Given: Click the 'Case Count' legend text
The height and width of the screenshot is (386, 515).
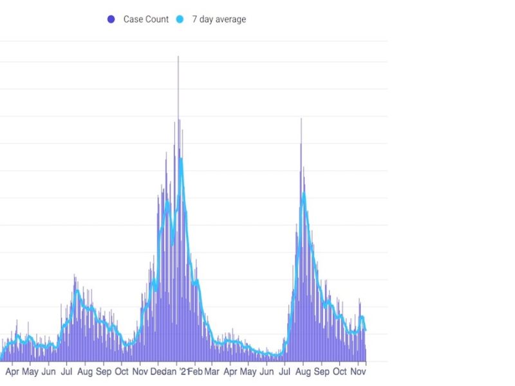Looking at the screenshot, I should pos(146,19).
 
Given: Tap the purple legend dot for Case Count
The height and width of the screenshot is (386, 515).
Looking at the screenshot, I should pos(111,19).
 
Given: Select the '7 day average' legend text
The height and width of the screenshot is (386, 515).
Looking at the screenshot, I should pos(219,19).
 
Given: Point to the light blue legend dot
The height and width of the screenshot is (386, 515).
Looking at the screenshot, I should pos(180,19).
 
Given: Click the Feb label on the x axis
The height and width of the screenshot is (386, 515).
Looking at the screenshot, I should pos(195,372).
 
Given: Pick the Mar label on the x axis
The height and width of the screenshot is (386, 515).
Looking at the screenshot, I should pos(212,372).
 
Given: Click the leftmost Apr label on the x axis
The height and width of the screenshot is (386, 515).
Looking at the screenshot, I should pos(12,372).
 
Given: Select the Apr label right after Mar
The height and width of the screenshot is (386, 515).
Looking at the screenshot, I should pos(230,372).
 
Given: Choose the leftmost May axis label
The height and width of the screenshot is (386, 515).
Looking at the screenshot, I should pos(30,372).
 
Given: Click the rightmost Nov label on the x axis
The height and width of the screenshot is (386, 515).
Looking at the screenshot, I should pos(358,372).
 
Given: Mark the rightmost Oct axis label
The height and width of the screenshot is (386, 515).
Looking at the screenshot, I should pos(340,372).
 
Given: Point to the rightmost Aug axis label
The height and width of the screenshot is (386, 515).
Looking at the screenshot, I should pos(303,372).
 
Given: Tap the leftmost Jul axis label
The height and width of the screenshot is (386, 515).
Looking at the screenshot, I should pos(66,372).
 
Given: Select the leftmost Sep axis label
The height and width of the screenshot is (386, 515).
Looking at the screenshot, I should pos(104,372).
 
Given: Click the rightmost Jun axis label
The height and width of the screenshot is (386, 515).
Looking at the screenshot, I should pos(267,372).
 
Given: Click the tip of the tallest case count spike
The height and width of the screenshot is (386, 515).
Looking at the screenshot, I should pos(178,57).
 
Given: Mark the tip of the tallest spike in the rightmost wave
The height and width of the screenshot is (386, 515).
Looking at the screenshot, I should pos(301,118).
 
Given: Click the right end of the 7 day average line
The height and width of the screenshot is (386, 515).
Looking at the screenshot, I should pos(366,329).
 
